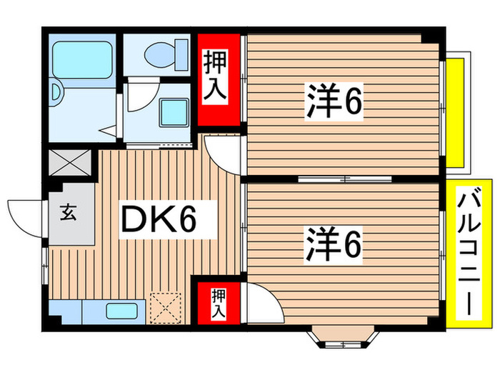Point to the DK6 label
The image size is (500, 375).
click(x=166, y=221)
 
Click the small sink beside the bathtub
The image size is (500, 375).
click(x=57, y=91)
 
